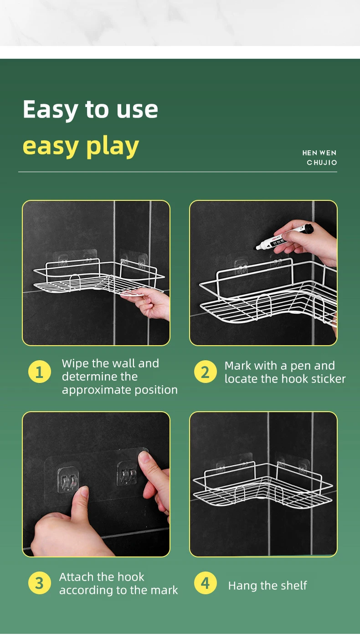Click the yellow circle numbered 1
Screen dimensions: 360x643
pyautogui.click(x=40, y=372)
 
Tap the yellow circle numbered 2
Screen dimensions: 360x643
pyautogui.click(x=205, y=372)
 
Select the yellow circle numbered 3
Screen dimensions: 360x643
pyautogui.click(x=40, y=583)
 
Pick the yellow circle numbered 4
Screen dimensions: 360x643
pyautogui.click(x=205, y=583)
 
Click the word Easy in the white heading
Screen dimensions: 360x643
pyautogui.click(x=50, y=110)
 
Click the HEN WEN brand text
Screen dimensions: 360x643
pyautogui.click(x=319, y=153)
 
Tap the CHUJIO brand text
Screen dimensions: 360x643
pyautogui.click(x=322, y=163)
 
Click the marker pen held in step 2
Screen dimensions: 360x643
pyautogui.click(x=284, y=237)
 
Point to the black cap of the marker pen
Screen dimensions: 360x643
pyautogui.click(x=309, y=229)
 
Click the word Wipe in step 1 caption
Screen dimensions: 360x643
pyautogui.click(x=75, y=364)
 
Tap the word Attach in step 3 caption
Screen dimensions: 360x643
pyautogui.click(x=77, y=577)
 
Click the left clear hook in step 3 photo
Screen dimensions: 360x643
pyautogui.click(x=68, y=480)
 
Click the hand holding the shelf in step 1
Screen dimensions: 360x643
pyautogui.click(x=148, y=302)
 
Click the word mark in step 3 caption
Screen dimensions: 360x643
pyautogui.click(x=164, y=590)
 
